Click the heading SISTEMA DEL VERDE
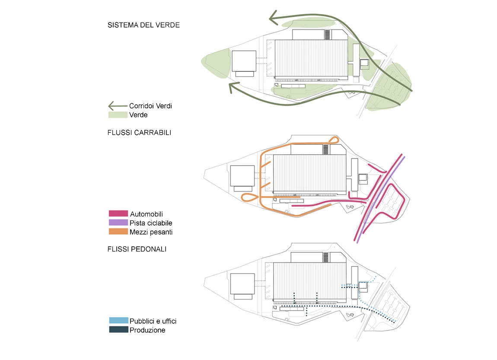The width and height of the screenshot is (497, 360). coord(143,25)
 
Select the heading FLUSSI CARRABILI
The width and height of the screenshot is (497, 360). coord(139,133)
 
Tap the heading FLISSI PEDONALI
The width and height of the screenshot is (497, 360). coord(137,249)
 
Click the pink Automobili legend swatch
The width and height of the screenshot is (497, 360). coord(118,213)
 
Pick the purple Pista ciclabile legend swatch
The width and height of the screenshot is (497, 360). coord(118,223)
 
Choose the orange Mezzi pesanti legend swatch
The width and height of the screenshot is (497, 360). coord(118,232)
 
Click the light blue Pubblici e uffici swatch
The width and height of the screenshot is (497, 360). coord(118,321)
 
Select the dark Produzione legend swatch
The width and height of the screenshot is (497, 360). coord(118,330)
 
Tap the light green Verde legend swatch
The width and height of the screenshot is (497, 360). coord(118,115)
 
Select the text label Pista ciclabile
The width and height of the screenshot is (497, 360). coord(151,223)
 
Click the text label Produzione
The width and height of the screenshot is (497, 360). coord(147,330)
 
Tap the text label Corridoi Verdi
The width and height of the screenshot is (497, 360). coord(150,106)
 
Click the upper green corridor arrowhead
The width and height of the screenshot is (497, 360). coord(274,18)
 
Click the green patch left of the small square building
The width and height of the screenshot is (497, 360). coord(218,64)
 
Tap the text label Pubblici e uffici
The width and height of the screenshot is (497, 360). coord(153,321)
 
